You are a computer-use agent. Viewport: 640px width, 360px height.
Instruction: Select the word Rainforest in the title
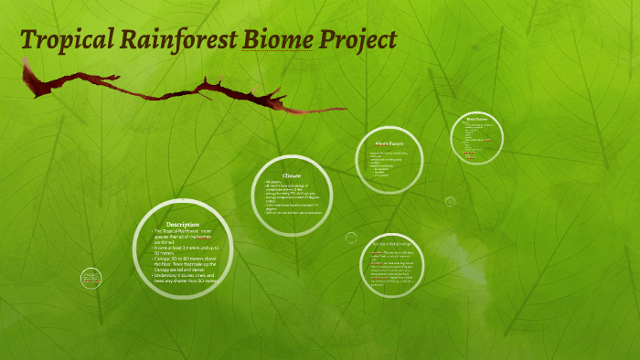(170, 41)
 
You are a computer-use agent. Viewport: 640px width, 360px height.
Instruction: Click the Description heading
(183, 224)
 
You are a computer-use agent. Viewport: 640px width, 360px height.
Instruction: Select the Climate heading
(291, 175)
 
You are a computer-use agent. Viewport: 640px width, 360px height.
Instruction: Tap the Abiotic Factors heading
(389, 143)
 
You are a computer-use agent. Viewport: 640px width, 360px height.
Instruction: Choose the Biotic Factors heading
(476, 120)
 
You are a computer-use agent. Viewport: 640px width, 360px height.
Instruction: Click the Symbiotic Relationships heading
(390, 245)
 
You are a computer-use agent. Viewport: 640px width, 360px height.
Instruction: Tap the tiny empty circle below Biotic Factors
(450, 201)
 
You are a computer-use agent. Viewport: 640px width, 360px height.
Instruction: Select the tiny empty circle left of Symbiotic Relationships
(351, 238)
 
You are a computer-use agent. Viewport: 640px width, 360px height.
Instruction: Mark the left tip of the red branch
(25, 62)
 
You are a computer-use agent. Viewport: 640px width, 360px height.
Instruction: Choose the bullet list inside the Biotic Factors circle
(477, 140)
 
